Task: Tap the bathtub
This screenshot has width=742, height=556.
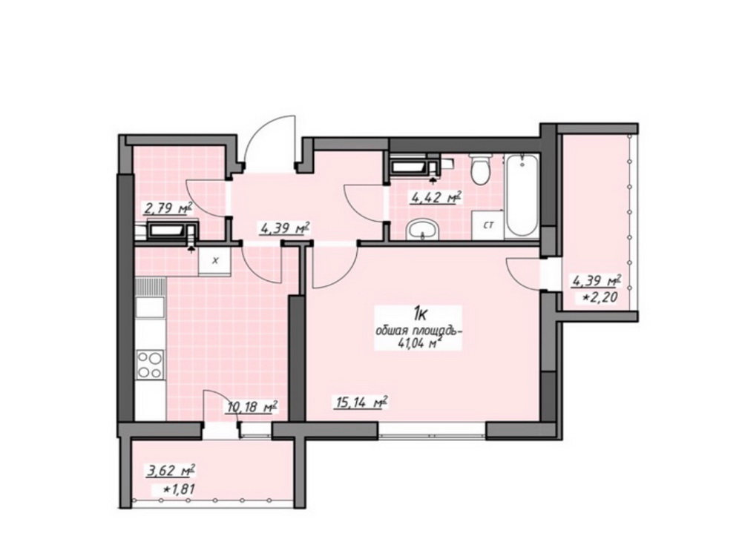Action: point(522,195)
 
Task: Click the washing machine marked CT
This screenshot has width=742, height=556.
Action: point(488,225)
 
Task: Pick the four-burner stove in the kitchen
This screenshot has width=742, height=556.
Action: point(150,365)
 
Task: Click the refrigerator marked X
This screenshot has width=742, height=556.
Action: point(215,260)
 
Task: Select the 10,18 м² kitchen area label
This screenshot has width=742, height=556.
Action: point(252,406)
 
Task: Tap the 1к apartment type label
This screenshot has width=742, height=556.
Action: point(419,314)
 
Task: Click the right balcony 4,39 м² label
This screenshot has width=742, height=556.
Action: point(597,282)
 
